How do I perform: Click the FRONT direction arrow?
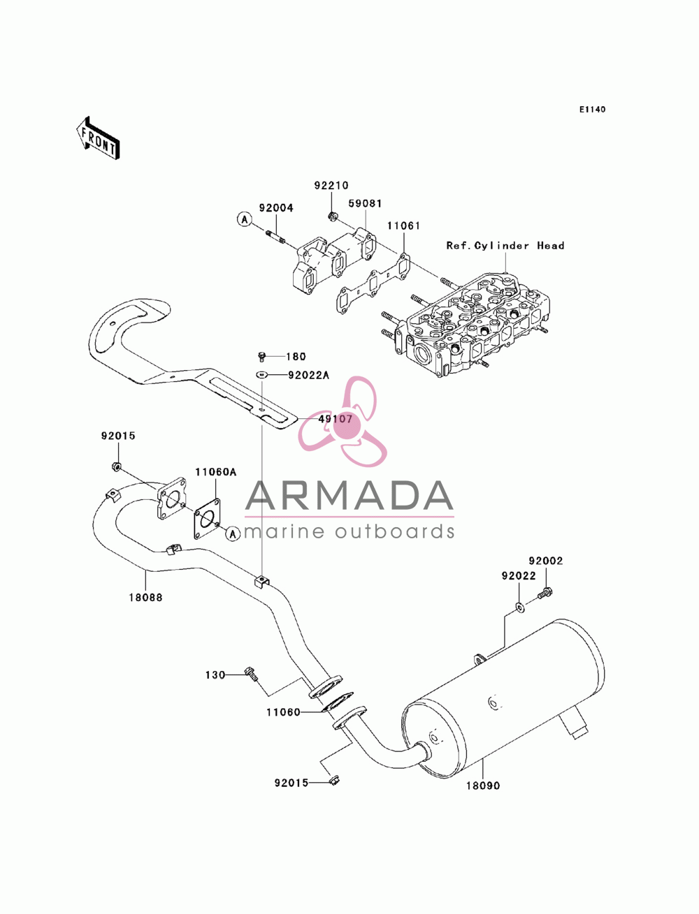(x=98, y=138)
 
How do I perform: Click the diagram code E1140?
(x=591, y=110)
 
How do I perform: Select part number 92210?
(x=331, y=185)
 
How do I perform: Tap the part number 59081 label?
(x=365, y=204)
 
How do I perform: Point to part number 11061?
(x=403, y=226)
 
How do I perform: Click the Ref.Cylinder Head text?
(x=505, y=246)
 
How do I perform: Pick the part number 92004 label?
(x=276, y=208)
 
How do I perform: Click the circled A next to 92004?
(x=245, y=219)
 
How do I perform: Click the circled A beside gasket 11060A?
(x=233, y=533)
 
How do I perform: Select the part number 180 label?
(x=296, y=357)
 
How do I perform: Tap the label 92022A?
(x=308, y=376)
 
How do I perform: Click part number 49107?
(x=335, y=419)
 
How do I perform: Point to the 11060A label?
(x=216, y=472)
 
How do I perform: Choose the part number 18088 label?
(x=145, y=597)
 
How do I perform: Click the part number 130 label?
(x=215, y=675)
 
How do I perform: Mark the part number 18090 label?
(x=483, y=786)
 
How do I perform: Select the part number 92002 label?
(x=546, y=561)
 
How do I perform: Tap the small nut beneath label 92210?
(x=332, y=216)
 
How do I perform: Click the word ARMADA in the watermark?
(x=349, y=496)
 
